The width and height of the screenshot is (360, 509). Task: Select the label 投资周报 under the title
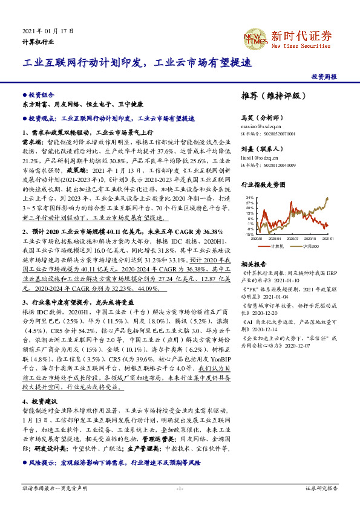point(324,77)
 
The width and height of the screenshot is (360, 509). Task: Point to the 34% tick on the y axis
point(250,198)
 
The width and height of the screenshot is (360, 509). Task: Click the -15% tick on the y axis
point(249,235)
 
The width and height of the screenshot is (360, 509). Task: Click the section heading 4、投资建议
point(41,401)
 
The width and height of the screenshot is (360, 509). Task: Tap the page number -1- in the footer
point(180,488)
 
